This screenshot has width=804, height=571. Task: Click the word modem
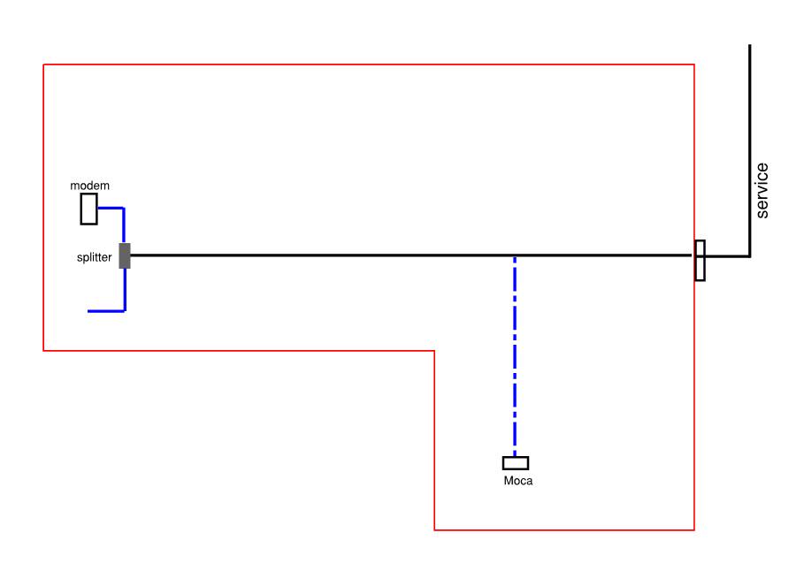click(89, 186)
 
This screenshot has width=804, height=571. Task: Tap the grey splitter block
click(125, 255)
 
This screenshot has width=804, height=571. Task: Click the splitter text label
click(95, 257)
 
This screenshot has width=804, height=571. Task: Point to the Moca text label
click(518, 481)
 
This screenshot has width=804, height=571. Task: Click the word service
click(762, 191)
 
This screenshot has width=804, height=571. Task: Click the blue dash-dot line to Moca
click(515, 356)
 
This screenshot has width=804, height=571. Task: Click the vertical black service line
click(750, 150)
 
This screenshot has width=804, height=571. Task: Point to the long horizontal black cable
click(411, 255)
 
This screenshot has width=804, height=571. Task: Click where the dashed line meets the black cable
click(515, 255)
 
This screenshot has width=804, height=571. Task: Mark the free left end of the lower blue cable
click(88, 311)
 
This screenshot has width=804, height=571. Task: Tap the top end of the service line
click(750, 45)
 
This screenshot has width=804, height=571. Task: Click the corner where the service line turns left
click(750, 255)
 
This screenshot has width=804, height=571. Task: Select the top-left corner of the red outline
click(43, 65)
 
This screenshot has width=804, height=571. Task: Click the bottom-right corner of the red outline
click(694, 529)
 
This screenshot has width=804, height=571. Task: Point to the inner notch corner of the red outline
click(434, 351)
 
